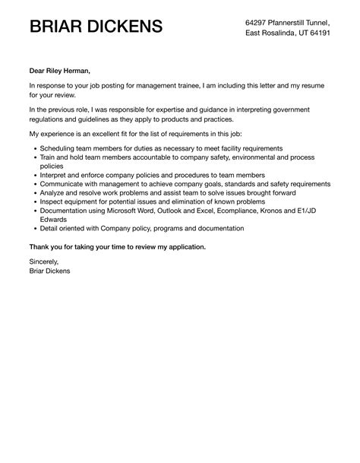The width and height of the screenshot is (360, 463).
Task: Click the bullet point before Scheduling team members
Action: (33, 147)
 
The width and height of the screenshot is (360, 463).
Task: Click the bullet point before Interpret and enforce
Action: (33, 175)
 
